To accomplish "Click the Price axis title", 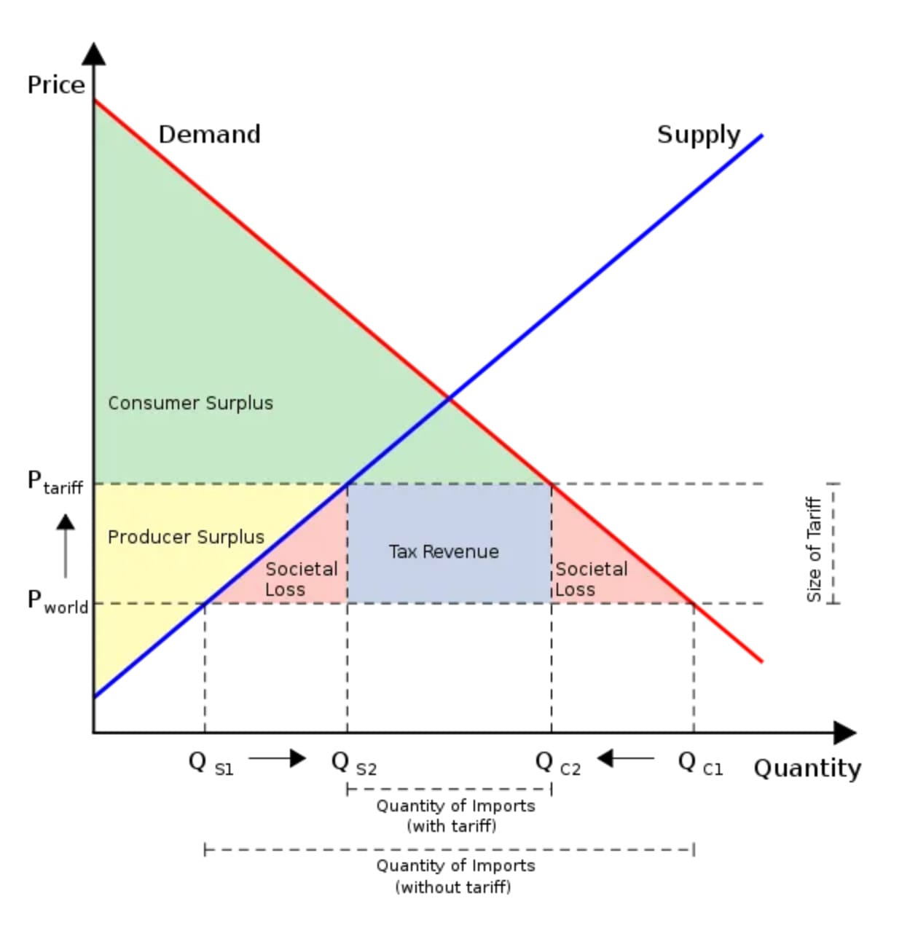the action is pyautogui.click(x=56, y=85).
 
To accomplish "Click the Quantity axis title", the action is pyautogui.click(x=807, y=768).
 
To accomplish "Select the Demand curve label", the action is pyautogui.click(x=209, y=135).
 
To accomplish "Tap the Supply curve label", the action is pyautogui.click(x=698, y=135).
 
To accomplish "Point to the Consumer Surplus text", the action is pyautogui.click(x=190, y=403).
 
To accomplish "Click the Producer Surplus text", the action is pyautogui.click(x=186, y=537).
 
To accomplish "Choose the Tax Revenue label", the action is pyautogui.click(x=444, y=551).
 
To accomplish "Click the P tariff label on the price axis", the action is pyautogui.click(x=55, y=482).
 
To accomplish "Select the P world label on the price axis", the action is pyautogui.click(x=57, y=602).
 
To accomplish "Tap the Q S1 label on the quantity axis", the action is pyautogui.click(x=211, y=763).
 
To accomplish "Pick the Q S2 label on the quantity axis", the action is pyautogui.click(x=353, y=763).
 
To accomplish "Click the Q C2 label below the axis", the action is pyautogui.click(x=557, y=763).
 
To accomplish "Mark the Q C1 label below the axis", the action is pyautogui.click(x=699, y=763).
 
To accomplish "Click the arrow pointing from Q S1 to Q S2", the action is pyautogui.click(x=277, y=758).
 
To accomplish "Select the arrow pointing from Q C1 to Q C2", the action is pyautogui.click(x=625, y=758).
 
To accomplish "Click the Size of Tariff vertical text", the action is pyautogui.click(x=814, y=549).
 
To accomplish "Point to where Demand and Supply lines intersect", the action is pyautogui.click(x=450, y=398).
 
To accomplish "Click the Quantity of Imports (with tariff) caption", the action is pyautogui.click(x=455, y=816).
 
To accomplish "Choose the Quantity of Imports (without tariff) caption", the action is pyautogui.click(x=455, y=876).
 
